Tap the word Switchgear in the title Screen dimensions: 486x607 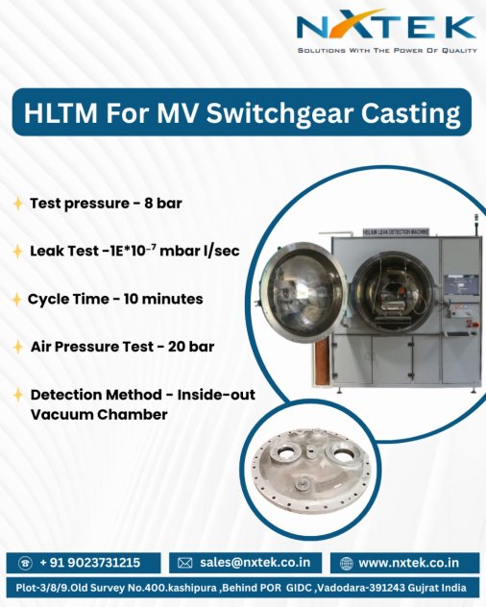pyautogui.click(x=279, y=113)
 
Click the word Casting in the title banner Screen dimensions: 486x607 pyautogui.click(x=411, y=113)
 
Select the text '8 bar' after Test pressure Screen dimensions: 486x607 pyautogui.click(x=163, y=204)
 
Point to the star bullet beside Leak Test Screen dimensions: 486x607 pyautogui.click(x=17, y=252)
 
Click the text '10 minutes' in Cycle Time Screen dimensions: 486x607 pyautogui.click(x=163, y=299)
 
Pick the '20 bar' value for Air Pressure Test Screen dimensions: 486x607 pyautogui.click(x=191, y=347)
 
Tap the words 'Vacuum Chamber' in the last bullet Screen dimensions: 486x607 pyautogui.click(x=99, y=414)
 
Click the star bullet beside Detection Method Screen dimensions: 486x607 pyautogui.click(x=18, y=395)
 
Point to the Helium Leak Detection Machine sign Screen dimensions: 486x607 pyautogui.click(x=396, y=231)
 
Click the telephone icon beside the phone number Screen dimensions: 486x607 pyautogui.click(x=26, y=563)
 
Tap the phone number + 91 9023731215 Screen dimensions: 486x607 pyautogui.click(x=90, y=563)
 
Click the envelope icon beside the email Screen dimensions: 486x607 pyautogui.click(x=184, y=563)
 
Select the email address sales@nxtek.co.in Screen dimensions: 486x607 pyautogui.click(x=255, y=563)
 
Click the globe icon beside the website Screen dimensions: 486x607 pyautogui.click(x=346, y=563)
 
